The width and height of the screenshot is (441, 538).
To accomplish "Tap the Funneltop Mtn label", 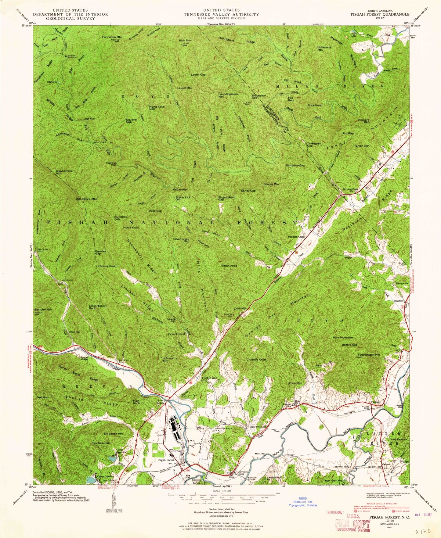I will coord(112,37).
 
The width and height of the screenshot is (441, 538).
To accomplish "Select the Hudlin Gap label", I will coord(210,378).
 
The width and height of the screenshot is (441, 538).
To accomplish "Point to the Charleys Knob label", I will coord(256,360).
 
